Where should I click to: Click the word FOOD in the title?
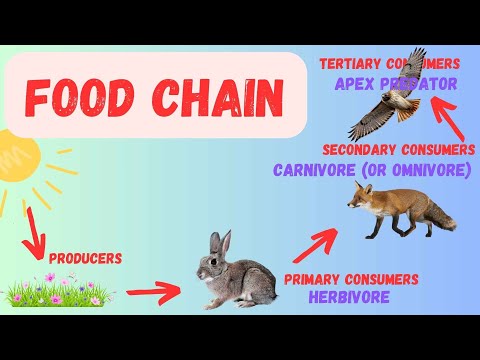tap(85, 97)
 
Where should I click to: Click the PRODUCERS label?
tap(85, 258)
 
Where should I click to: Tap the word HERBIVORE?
tap(349, 296)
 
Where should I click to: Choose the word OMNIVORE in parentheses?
tap(431, 170)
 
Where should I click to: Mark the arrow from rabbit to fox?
tap(310, 244)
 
